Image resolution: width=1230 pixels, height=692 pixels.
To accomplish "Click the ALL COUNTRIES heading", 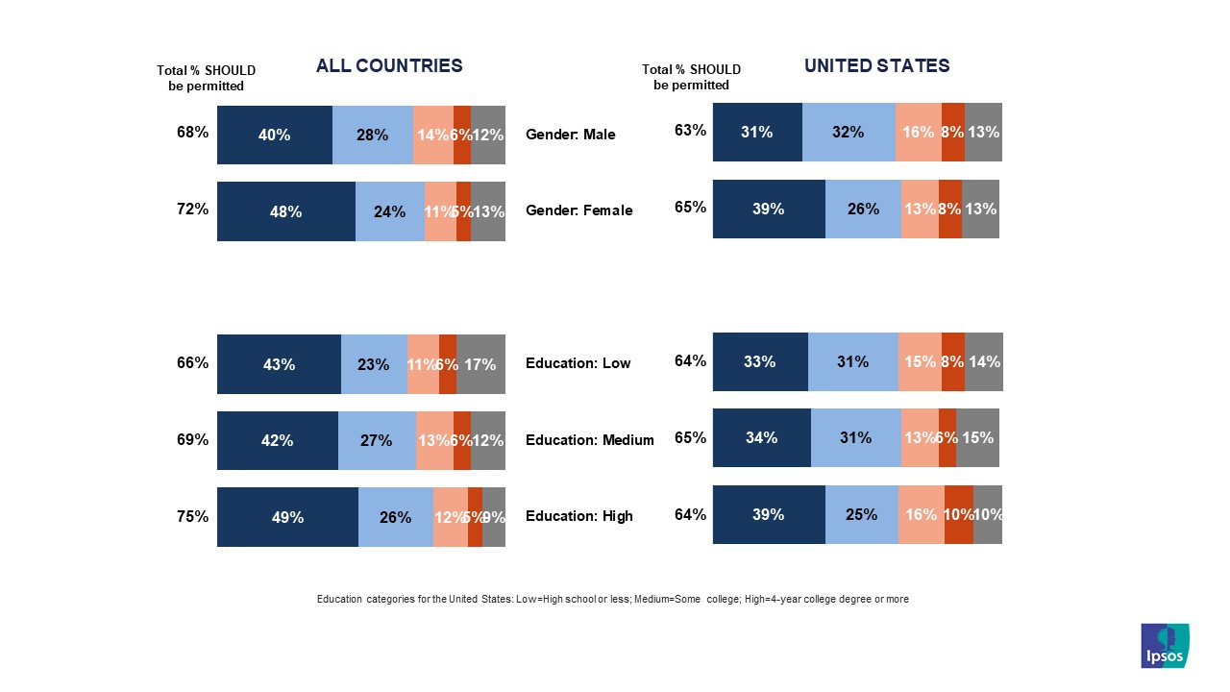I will point(389,66).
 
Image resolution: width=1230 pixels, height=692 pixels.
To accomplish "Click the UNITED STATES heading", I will point(876,66).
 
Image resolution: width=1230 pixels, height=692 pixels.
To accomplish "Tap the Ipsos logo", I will point(1165,646).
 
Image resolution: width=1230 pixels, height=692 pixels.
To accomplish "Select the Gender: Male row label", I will point(571,135).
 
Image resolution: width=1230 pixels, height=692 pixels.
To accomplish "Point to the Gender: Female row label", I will point(578,210).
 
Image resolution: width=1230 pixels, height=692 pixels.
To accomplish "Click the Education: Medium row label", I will point(589,440).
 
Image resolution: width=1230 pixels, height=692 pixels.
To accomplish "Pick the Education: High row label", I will point(578,516).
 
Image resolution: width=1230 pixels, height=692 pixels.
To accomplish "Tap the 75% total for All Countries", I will point(192,516).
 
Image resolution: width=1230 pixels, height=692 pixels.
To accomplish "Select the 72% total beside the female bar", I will point(192,208).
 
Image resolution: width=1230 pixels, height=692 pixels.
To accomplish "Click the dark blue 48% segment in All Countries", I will point(286,211).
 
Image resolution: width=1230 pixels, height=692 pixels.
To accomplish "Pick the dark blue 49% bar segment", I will point(287,517).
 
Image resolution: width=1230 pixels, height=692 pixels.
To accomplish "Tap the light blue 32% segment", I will point(849,132).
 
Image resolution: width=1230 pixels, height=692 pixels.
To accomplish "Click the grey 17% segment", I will point(480,364).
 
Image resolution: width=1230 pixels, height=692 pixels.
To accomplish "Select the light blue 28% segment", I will point(372,136).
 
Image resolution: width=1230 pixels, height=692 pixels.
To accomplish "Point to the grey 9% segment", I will point(494,517).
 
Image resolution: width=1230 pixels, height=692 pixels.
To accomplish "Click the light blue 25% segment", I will point(861,514).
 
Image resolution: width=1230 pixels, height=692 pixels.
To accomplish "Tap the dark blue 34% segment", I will point(761,438).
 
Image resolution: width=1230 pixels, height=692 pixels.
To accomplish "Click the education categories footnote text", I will point(612,599).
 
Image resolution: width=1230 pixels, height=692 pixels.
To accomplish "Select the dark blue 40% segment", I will point(274,136).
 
